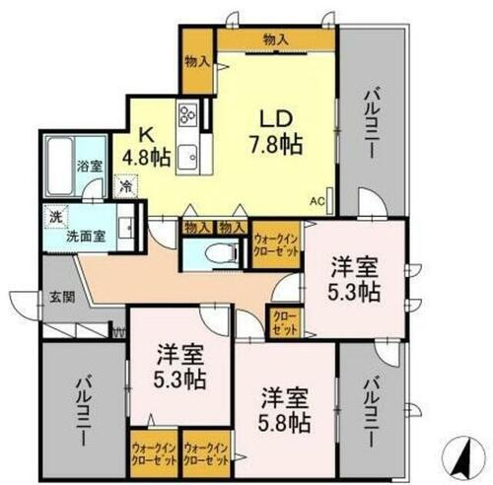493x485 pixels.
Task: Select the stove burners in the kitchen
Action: pos(186,116)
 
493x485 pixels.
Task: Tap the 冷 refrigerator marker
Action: pos(126,183)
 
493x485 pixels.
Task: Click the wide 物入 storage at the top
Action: pos(276,39)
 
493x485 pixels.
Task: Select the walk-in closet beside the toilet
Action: pos(276,243)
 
